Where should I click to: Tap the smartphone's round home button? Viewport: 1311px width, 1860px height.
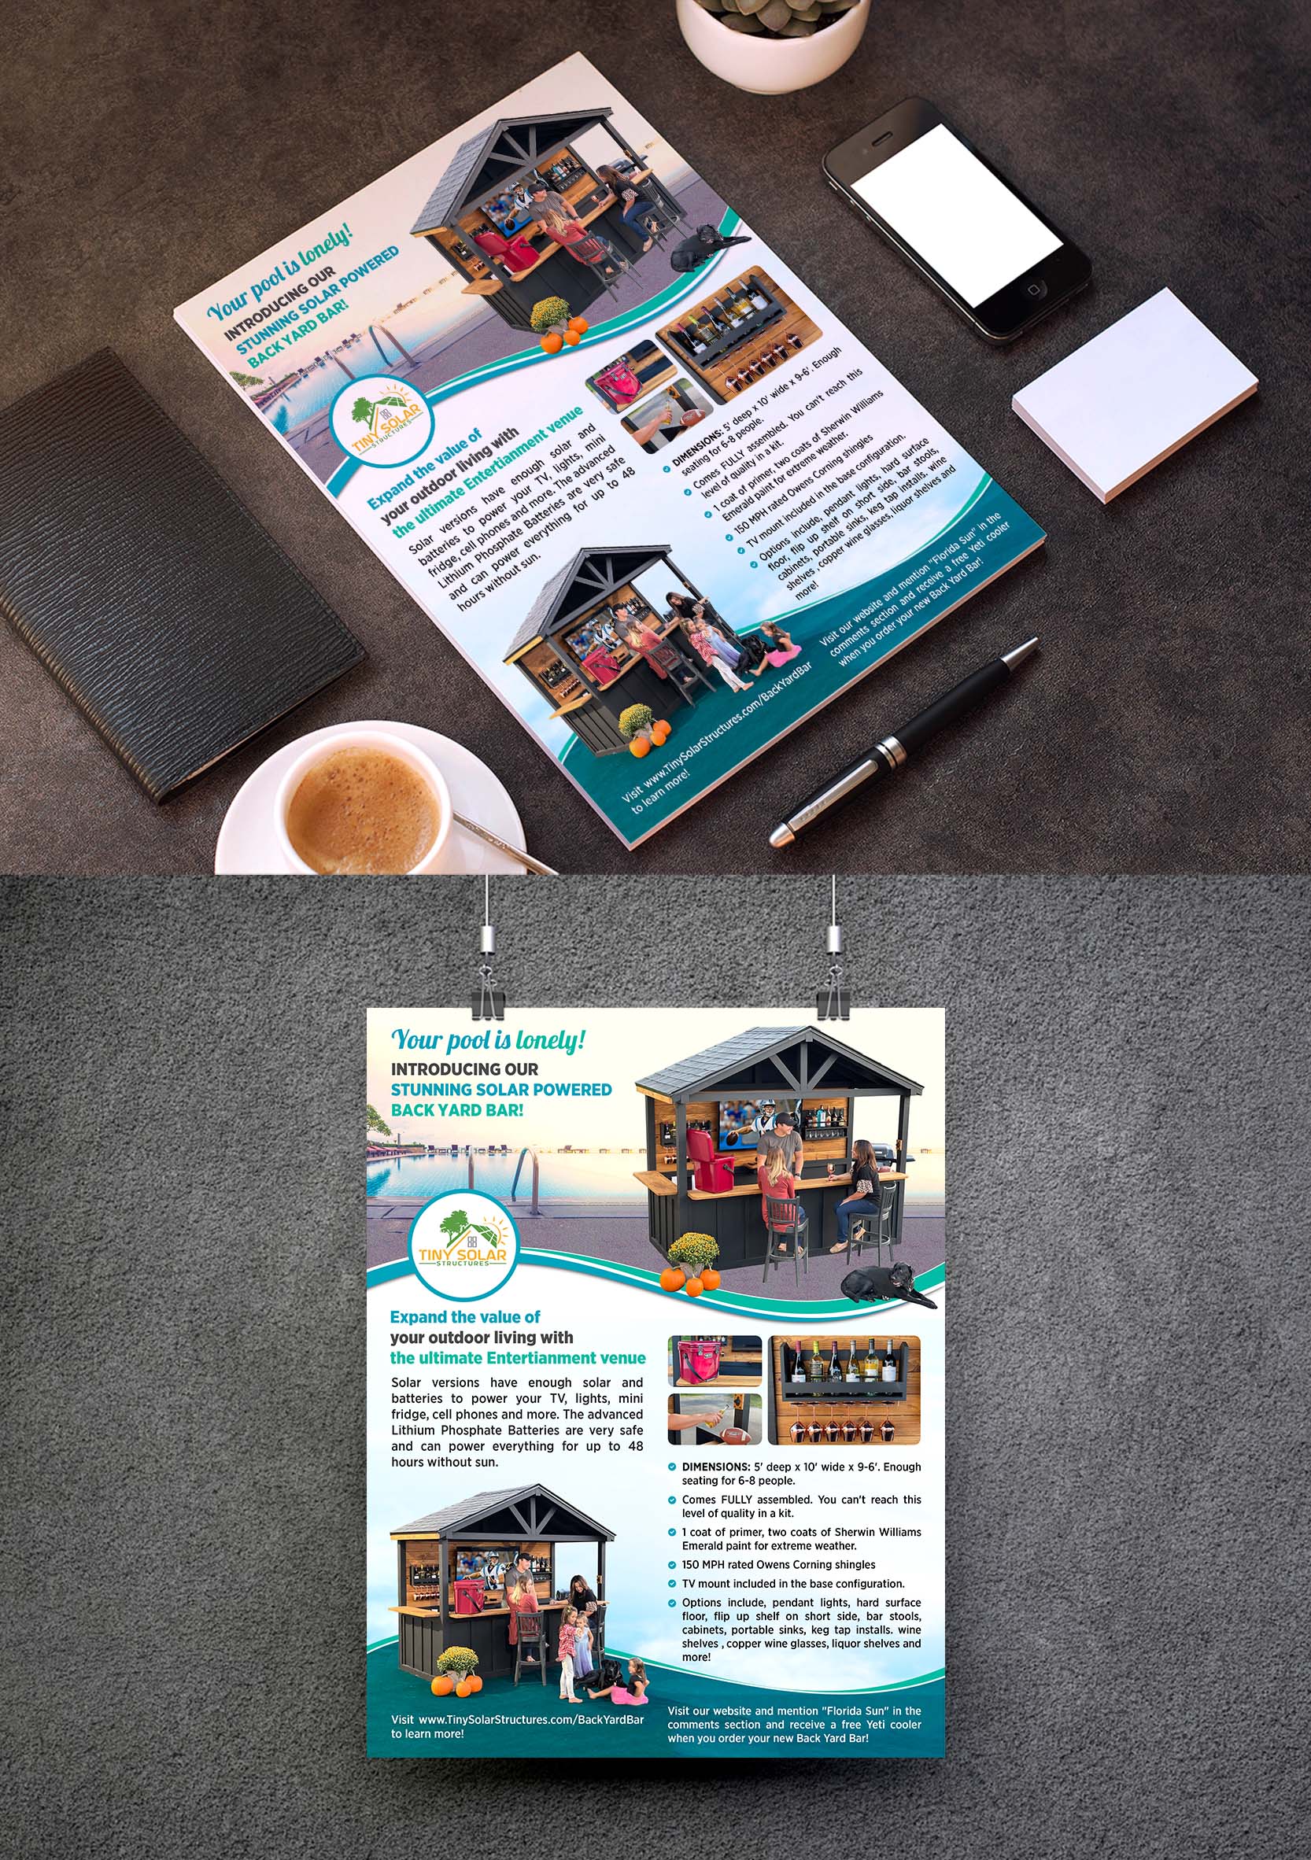click(x=1035, y=290)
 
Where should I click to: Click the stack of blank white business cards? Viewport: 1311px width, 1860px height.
click(x=1135, y=394)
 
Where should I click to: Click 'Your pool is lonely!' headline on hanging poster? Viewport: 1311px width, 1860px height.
click(x=488, y=1039)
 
